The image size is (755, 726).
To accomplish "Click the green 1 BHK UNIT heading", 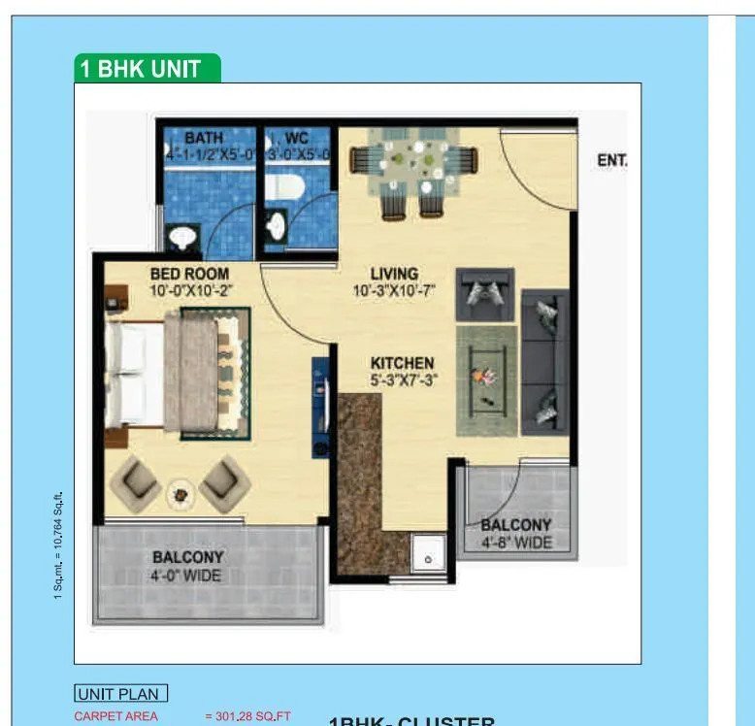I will pyautogui.click(x=148, y=69).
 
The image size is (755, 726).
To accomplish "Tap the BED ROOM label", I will pyautogui.click(x=189, y=274).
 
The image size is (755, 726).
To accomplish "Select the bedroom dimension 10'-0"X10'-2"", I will pyautogui.click(x=191, y=289).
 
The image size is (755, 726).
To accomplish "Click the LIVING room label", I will pyautogui.click(x=394, y=274).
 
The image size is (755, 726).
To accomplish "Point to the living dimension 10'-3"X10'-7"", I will pyautogui.click(x=394, y=289).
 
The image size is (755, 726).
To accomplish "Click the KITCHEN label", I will pyautogui.click(x=402, y=363).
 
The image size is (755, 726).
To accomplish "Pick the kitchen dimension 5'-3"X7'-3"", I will pyautogui.click(x=402, y=379).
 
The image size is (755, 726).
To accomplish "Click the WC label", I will pyautogui.click(x=296, y=139).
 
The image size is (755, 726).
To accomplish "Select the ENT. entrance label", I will pyautogui.click(x=611, y=160).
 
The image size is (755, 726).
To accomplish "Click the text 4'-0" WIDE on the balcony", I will pyautogui.click(x=187, y=576).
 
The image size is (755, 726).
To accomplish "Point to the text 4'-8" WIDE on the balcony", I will pyautogui.click(x=516, y=542).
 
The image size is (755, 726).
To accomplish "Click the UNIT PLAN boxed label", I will pyautogui.click(x=121, y=693).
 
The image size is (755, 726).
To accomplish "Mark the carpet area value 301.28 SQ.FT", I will pyautogui.click(x=247, y=716).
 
